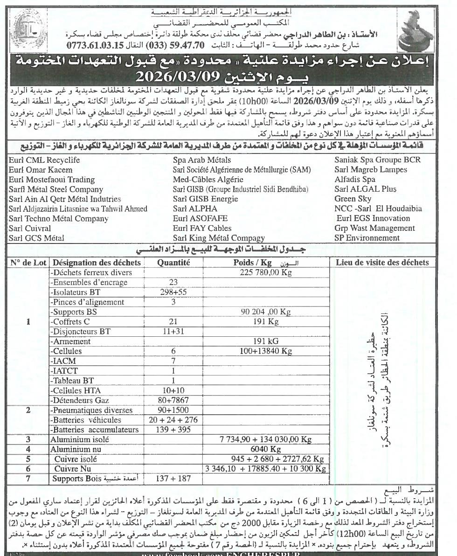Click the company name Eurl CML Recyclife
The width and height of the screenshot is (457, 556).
(x=44, y=160)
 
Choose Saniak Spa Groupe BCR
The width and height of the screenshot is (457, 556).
(x=377, y=160)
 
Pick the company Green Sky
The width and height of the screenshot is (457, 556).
(x=353, y=199)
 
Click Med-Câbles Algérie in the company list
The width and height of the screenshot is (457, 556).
(x=208, y=180)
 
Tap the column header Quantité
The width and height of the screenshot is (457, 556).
(x=173, y=263)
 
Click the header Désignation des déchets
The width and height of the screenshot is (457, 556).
(x=96, y=263)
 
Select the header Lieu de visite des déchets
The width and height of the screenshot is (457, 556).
(x=382, y=263)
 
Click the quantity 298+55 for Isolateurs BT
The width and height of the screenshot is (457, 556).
(x=173, y=292)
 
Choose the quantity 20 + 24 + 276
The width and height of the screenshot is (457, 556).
(x=173, y=420)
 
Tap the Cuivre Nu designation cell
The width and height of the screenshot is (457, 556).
(x=72, y=469)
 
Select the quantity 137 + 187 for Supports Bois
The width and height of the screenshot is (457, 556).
(x=173, y=479)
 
